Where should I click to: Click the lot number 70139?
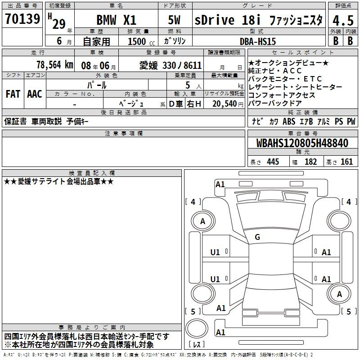click(22, 19)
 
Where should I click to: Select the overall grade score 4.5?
click(343, 21)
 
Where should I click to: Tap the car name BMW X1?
click(117, 20)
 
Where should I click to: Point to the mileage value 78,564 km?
click(55, 65)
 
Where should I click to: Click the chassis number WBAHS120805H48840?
click(302, 143)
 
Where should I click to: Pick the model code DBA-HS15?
click(258, 41)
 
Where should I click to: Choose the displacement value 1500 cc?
click(141, 41)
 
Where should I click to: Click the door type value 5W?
click(174, 20)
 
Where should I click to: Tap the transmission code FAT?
click(13, 94)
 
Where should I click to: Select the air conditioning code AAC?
click(35, 94)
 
